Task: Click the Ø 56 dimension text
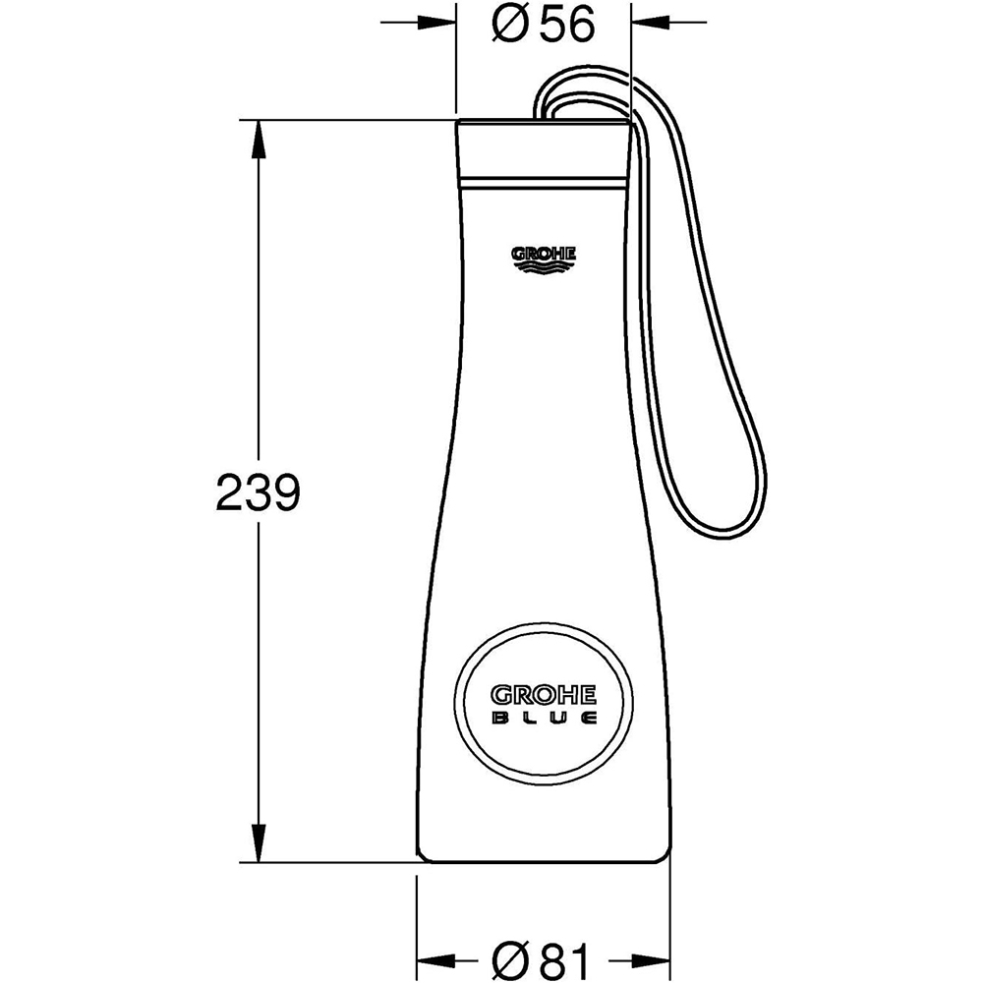click(544, 25)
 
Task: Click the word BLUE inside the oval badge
click(544, 720)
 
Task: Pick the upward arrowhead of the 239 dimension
click(259, 138)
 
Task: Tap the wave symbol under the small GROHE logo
click(544, 263)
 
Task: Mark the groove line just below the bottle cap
click(543, 184)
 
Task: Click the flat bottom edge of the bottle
click(544, 863)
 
